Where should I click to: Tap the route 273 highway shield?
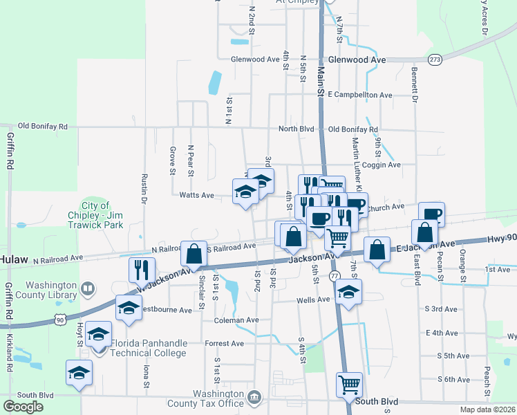click(x=435, y=59)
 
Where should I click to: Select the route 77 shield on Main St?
click(x=335, y=276)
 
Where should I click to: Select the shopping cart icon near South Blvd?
click(x=350, y=385)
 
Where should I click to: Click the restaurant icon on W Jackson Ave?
click(x=142, y=269)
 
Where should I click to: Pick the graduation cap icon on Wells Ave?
click(x=350, y=293)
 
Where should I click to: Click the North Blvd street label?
click(x=296, y=129)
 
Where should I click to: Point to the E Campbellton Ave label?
click(x=360, y=94)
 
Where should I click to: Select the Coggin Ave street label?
click(x=384, y=165)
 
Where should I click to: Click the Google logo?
click(x=23, y=407)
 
